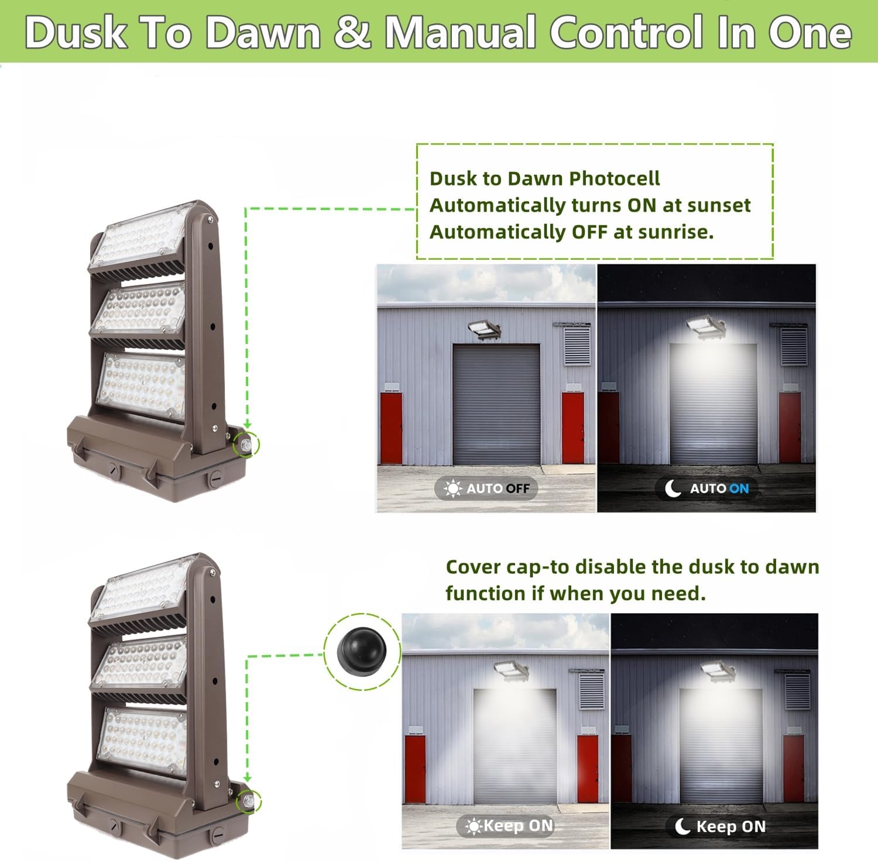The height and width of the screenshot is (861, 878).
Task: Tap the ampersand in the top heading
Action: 352,33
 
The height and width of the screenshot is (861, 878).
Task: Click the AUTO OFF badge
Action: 486,488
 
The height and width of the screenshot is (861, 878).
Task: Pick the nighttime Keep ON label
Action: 720,826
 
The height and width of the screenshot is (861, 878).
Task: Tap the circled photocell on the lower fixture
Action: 249,801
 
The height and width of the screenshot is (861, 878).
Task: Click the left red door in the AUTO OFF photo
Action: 391,428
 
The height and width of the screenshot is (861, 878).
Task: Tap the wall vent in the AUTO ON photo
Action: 793,346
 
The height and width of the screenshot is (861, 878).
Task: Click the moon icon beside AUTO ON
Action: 673,488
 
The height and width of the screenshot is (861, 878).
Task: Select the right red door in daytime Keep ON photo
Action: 587,769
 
